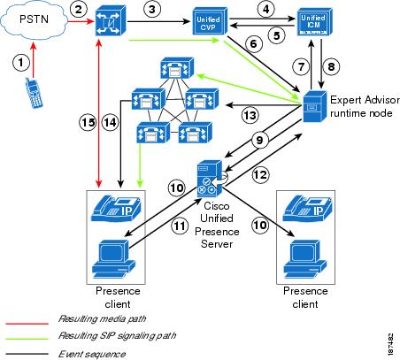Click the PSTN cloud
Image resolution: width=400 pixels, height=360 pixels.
[34, 20]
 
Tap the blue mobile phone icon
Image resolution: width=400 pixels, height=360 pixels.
[35, 93]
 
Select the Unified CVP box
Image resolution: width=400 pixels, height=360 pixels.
[210, 21]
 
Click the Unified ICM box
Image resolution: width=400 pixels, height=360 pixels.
[314, 22]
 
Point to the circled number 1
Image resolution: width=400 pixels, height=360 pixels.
[21, 63]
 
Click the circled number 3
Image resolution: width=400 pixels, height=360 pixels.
[152, 9]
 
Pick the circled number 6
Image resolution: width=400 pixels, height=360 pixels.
[254, 44]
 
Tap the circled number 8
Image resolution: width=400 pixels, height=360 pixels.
[331, 66]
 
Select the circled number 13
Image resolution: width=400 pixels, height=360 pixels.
[250, 115]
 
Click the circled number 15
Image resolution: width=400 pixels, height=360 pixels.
[88, 122]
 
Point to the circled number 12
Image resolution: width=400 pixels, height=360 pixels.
[260, 174]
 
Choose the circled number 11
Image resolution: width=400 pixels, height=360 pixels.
[180, 226]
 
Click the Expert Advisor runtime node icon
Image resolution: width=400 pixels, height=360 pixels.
[315, 105]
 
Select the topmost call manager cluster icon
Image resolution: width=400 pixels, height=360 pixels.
[177, 68]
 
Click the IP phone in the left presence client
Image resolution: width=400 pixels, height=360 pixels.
[116, 209]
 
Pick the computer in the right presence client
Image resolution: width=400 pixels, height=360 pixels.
[305, 259]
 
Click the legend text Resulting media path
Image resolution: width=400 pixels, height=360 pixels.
[102, 318]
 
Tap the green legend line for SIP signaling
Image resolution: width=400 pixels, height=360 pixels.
[27, 339]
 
